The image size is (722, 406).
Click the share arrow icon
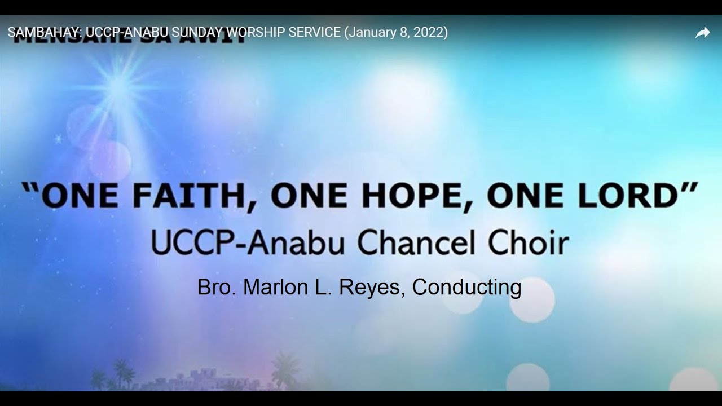tap(702, 33)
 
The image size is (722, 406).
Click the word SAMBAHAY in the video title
tap(43, 33)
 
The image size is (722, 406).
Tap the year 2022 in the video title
tap(428, 33)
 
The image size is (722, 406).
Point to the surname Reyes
tap(374, 288)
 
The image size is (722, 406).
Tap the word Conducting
tap(466, 288)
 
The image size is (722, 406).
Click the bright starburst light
tap(118, 85)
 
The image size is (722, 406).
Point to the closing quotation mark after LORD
tap(689, 188)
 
